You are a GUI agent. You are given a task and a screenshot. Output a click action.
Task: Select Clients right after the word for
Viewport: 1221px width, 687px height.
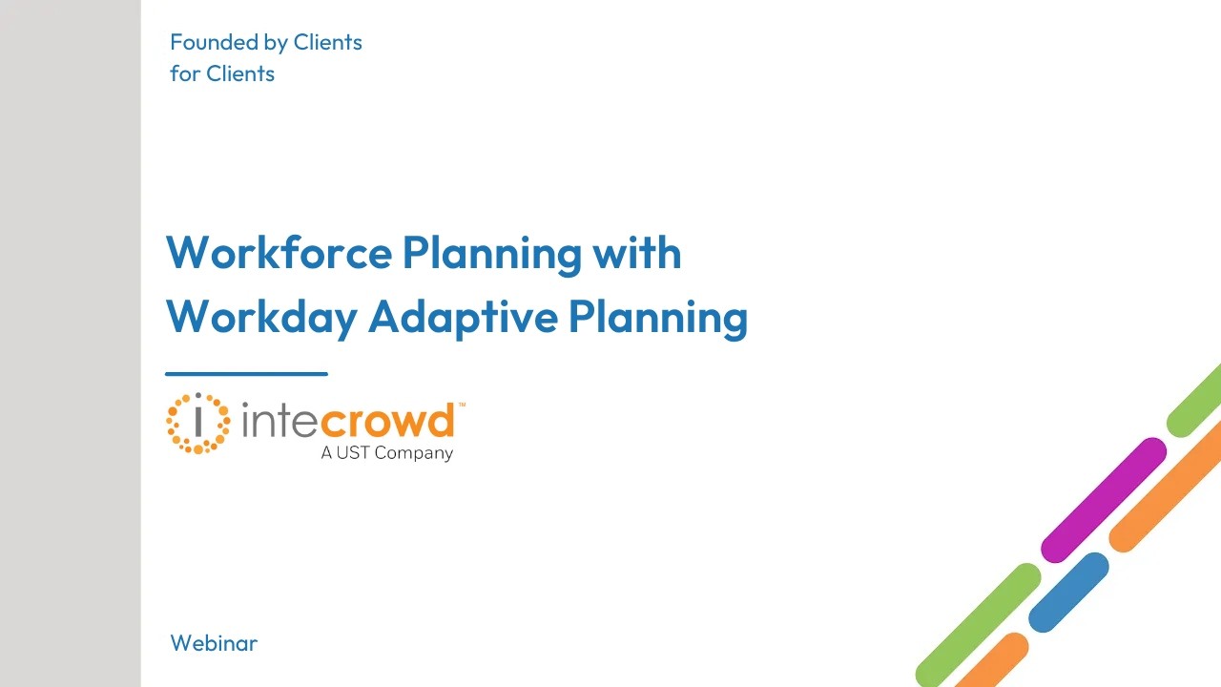point(240,73)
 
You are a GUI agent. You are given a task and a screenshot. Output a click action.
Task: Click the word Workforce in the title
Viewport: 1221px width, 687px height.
point(279,253)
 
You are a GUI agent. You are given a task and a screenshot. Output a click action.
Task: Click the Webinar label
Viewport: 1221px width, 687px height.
point(214,643)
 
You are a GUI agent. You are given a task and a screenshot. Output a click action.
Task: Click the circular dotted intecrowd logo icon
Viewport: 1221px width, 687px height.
point(197,423)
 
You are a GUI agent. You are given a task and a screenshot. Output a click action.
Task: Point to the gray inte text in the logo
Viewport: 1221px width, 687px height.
point(280,421)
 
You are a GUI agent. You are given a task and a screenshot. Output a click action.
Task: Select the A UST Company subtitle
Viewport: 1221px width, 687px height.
point(386,453)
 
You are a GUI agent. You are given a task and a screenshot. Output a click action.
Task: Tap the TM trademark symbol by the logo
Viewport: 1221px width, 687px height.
point(462,406)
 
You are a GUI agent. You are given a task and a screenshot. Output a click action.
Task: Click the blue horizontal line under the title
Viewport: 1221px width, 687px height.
point(246,374)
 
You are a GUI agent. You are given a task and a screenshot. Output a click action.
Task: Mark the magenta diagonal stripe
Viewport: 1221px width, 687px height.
point(1104,500)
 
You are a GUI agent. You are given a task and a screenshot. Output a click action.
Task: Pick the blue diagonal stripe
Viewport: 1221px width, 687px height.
point(1068,593)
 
